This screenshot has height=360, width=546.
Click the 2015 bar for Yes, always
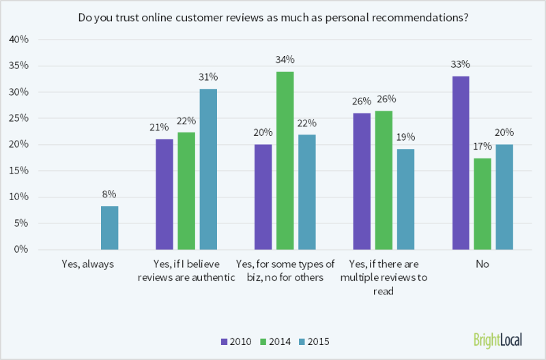tap(109, 227)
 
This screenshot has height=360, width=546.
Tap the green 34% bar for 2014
tap(285, 160)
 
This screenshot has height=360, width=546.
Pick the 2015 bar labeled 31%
tap(208, 169)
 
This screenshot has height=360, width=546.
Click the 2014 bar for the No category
tap(483, 204)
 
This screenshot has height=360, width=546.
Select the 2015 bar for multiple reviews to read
tap(405, 199)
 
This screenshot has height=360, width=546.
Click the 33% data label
tap(461, 65)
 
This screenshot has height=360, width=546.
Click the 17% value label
tap(483, 148)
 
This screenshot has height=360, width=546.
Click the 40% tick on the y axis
tap(18, 40)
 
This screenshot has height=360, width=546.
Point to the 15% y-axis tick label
tap(18, 171)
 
